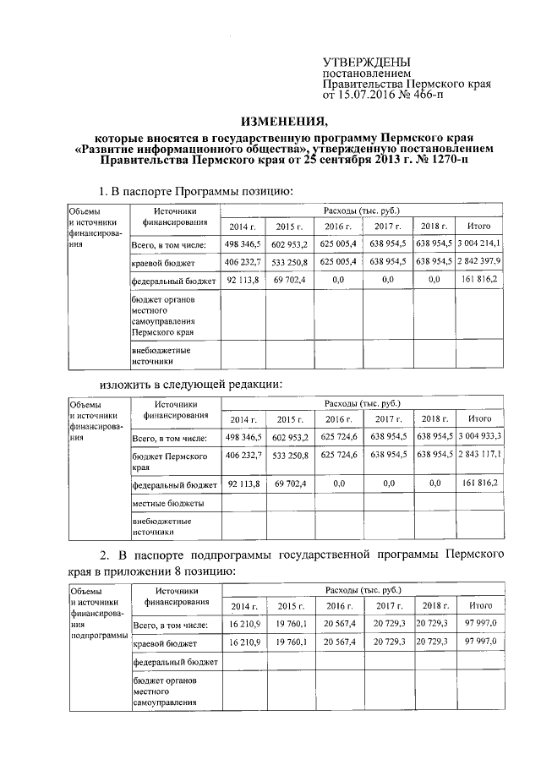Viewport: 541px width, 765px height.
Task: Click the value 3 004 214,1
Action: (x=479, y=243)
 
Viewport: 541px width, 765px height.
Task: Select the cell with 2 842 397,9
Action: (x=479, y=261)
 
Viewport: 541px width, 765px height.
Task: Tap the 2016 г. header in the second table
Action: (x=338, y=419)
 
